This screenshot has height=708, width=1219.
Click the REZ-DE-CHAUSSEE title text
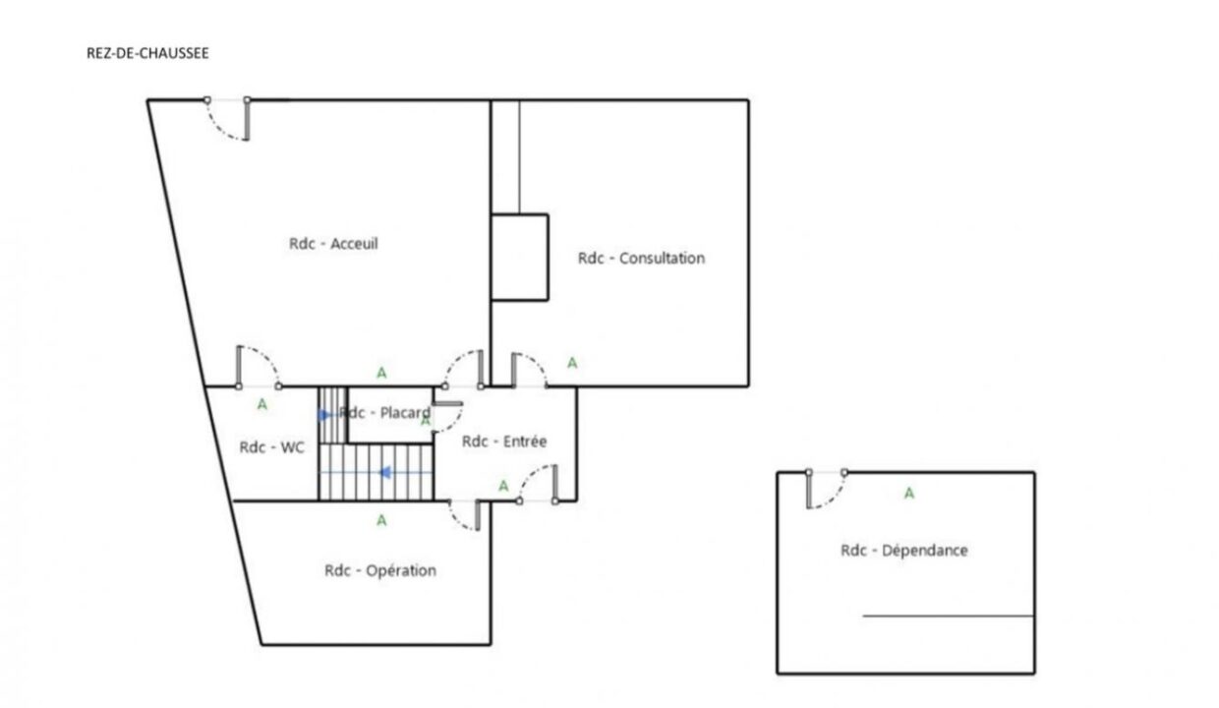[x=147, y=53]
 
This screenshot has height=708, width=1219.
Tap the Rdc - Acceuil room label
[x=333, y=243]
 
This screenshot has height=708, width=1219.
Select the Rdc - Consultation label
[x=641, y=258]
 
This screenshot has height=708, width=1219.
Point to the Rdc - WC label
[x=272, y=447]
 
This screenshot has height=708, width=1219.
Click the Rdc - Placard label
[x=384, y=413]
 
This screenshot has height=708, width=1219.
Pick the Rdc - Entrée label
[x=504, y=442]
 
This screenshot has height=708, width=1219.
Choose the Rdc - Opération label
[x=380, y=570]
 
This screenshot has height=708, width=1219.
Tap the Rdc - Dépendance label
[x=904, y=551]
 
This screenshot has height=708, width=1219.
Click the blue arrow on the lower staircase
[x=385, y=472]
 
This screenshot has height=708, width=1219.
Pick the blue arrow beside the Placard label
[x=323, y=415]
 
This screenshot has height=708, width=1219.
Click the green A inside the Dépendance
[x=908, y=494]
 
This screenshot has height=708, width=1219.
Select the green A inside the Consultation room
[x=572, y=363]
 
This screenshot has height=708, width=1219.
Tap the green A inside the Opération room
[x=381, y=521]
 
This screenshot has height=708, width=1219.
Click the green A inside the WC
[x=262, y=404]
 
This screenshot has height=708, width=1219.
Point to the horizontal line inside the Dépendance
[x=949, y=616]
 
